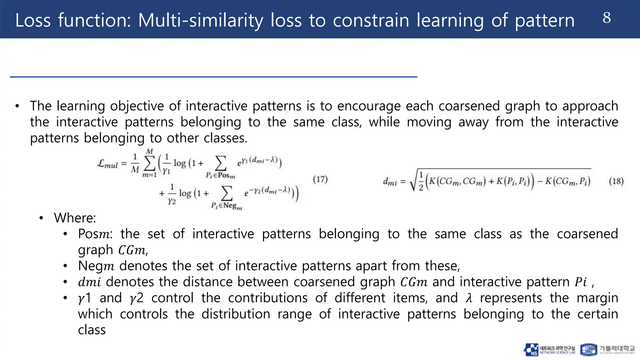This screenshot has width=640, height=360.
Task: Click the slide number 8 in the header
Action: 607,18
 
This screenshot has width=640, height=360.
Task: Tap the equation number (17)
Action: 320,179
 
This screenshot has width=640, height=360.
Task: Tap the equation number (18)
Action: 616,181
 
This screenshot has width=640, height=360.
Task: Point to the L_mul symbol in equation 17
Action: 107,164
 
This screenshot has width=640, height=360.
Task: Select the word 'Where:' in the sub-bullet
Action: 75,218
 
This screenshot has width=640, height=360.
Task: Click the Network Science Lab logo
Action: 549,350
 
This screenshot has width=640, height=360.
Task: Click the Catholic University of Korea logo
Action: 607,350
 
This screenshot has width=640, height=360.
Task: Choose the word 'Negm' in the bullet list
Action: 96,266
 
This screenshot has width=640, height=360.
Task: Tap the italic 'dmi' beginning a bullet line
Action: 89,282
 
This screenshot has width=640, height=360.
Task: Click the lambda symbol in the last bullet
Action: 469,298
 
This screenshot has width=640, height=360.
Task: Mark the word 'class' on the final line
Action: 92,330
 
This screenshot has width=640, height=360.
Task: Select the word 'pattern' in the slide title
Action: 544,20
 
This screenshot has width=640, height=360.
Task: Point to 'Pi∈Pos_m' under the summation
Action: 220,176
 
